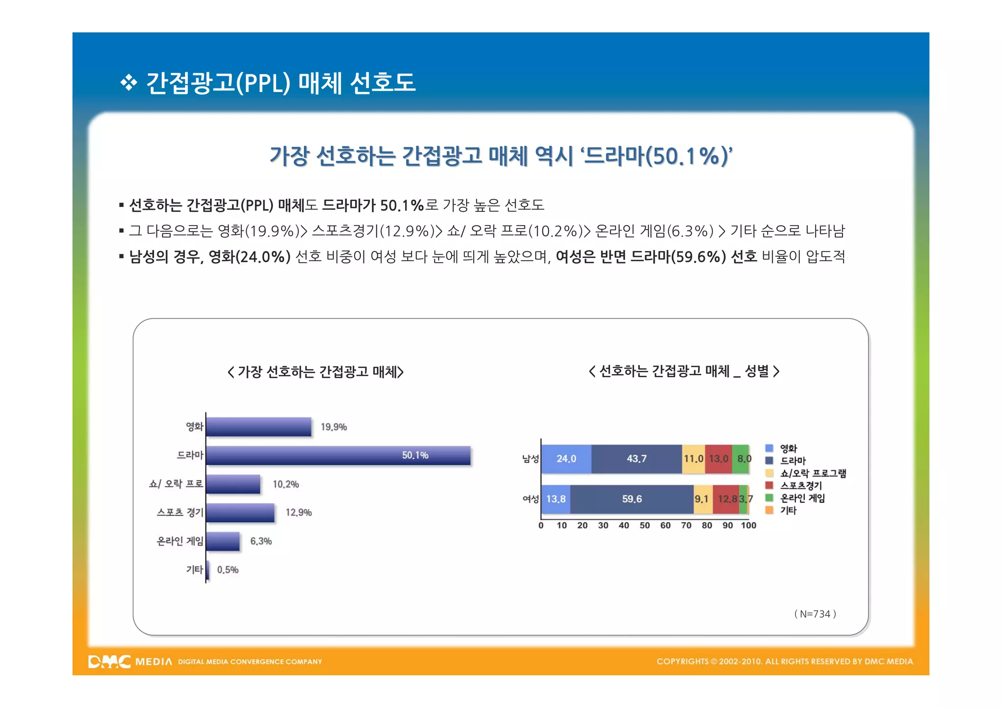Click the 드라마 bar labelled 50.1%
[x=338, y=455]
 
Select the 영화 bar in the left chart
[x=258, y=427]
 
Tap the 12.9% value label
[x=298, y=512]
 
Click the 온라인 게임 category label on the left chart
[x=180, y=541]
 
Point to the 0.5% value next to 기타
[x=228, y=570]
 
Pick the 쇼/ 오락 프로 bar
[x=233, y=484]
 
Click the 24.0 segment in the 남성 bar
[x=566, y=459]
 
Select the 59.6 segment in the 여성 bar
[x=632, y=499]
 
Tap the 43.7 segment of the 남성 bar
[x=637, y=459]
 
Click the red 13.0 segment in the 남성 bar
[x=718, y=459]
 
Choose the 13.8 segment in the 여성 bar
[x=556, y=499]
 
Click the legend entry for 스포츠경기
[x=800, y=485]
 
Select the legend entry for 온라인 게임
[x=802, y=498]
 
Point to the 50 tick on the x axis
[x=644, y=525]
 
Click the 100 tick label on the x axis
[x=748, y=525]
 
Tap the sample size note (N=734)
[x=815, y=614]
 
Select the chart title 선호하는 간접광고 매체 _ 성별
[x=683, y=371]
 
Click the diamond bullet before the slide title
[x=129, y=83]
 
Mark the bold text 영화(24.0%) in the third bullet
[x=250, y=256]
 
